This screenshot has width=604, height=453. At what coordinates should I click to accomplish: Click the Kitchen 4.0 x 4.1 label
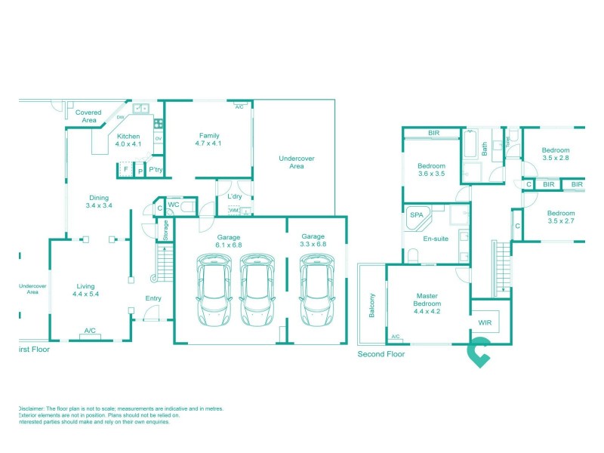[x=128, y=140]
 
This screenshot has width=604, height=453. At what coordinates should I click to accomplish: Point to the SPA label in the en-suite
[x=416, y=215]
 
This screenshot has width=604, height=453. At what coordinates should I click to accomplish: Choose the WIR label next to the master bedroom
[x=485, y=322]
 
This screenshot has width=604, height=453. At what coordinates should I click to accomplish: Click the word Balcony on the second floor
[x=371, y=305]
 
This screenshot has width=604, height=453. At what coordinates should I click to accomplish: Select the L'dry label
[x=235, y=197]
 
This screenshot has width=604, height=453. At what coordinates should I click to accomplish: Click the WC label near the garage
[x=173, y=204]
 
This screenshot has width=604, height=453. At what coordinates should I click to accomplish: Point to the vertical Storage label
[x=166, y=230]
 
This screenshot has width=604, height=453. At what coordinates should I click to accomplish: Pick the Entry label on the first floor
[x=153, y=298]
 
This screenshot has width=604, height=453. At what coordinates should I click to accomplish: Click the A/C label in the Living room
[x=90, y=331]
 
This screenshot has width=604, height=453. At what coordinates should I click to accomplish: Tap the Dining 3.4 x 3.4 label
[x=99, y=202]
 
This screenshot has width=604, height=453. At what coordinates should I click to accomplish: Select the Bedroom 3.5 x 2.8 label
[x=555, y=154]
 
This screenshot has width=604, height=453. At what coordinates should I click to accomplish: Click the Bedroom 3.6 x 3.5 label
[x=431, y=169]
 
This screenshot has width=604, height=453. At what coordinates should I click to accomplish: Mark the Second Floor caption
[x=381, y=353]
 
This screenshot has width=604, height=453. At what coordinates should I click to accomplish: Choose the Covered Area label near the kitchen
[x=89, y=116]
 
